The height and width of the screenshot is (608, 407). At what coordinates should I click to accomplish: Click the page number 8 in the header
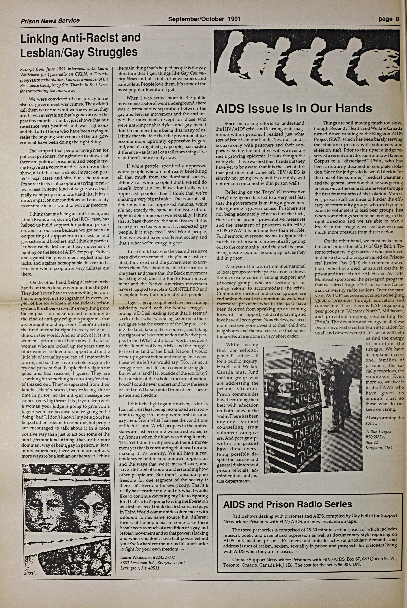[x=397, y=19]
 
